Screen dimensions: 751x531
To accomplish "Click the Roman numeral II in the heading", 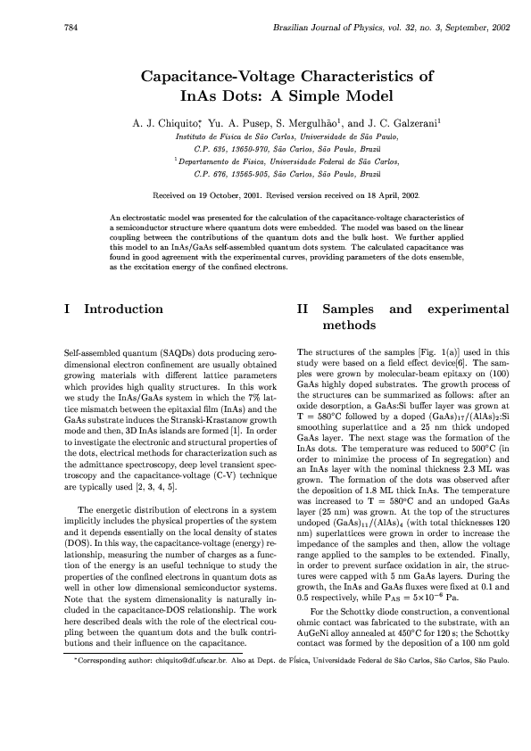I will (302, 309).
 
